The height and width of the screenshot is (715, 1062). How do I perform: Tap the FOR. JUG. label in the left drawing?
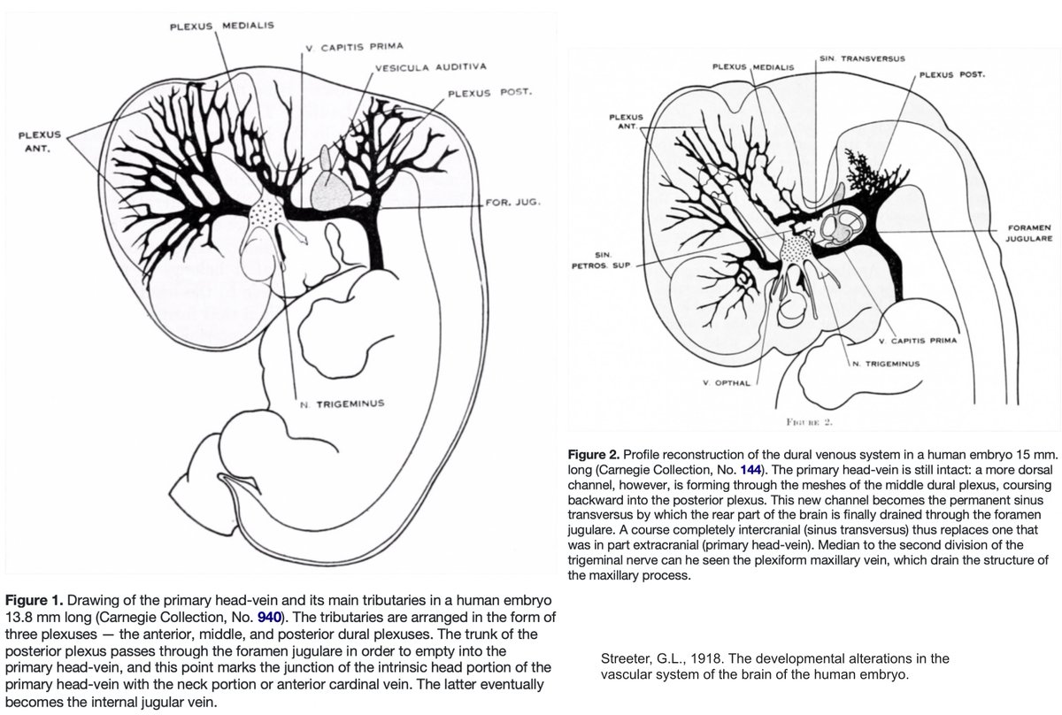512,202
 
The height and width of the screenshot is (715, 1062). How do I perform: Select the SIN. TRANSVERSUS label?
862,58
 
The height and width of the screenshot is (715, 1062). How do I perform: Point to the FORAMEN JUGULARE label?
1029,234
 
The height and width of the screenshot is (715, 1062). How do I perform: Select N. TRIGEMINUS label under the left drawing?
341,404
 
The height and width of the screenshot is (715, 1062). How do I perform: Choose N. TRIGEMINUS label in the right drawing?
885,363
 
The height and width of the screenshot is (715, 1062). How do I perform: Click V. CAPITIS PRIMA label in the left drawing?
345,47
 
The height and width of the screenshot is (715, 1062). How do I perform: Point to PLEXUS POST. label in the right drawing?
951,75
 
